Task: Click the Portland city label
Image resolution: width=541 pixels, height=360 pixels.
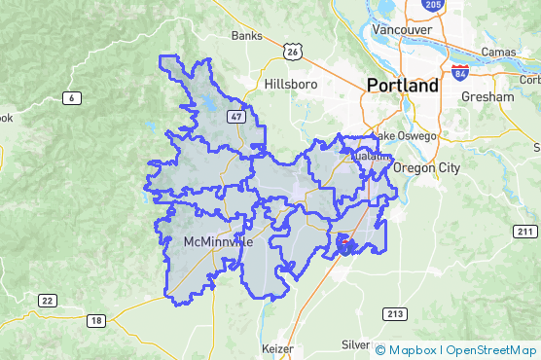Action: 403,86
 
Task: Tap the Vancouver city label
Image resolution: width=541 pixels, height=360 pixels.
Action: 401,30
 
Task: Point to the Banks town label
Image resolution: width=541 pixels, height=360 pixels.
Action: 247,36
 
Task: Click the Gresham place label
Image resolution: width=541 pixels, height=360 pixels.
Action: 488,97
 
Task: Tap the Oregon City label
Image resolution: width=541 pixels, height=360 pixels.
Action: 425,167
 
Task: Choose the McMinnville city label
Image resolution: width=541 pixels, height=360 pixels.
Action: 218,240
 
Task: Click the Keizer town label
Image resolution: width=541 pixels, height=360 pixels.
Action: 277,347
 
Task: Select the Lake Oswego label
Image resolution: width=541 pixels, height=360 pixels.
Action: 405,136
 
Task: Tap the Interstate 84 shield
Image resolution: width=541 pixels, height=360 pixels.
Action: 460,73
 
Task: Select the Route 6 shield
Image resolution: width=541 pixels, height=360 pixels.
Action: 72,97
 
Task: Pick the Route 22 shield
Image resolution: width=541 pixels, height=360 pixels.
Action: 46,301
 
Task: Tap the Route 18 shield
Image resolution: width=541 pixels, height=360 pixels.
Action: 94,321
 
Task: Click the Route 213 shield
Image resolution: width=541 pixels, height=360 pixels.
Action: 395,313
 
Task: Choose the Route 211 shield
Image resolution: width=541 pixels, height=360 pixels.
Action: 524,231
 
